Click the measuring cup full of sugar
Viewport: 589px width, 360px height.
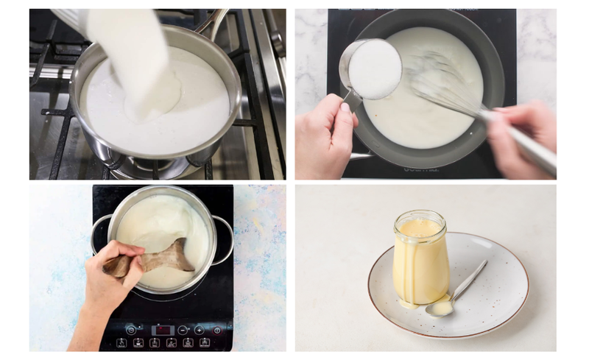(373, 69)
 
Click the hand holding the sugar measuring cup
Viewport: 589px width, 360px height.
(328, 133)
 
